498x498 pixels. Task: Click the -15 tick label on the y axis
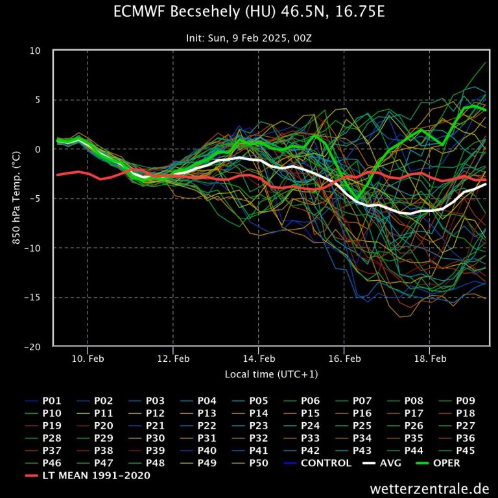35,298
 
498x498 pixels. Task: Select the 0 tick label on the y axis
39,149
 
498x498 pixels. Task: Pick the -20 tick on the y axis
35,347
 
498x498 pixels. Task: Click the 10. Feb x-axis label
88,358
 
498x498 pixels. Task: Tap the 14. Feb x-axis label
259,358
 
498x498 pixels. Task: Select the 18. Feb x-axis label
430,358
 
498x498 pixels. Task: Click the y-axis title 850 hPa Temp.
16,198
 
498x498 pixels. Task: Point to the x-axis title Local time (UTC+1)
271,374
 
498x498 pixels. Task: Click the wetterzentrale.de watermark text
429,488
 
